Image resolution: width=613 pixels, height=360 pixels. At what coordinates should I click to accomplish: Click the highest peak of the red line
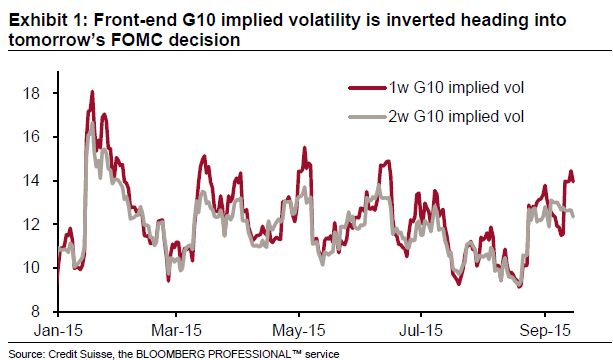click(x=92, y=92)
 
